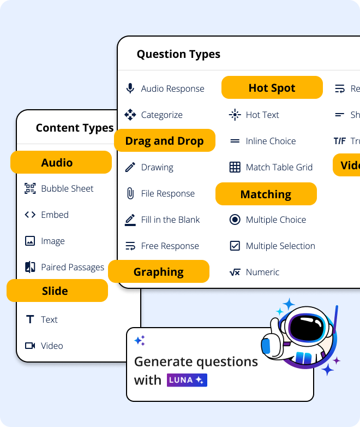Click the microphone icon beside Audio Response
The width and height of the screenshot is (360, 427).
tap(130, 88)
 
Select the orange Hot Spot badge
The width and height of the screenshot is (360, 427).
tap(272, 88)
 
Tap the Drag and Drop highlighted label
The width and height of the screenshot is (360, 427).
tap(164, 141)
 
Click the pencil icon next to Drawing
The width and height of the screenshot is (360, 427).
tap(130, 167)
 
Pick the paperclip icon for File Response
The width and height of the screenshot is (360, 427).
tap(130, 193)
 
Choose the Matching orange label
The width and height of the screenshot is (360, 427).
tap(266, 194)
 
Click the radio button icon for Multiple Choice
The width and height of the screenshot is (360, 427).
tap(235, 220)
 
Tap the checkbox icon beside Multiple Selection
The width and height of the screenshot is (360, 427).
tap(235, 246)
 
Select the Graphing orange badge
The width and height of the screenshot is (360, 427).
tap(158, 272)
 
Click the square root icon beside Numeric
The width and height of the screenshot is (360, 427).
tap(235, 272)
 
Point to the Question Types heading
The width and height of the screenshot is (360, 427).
tap(178, 54)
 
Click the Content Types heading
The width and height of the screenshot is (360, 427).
tap(74, 128)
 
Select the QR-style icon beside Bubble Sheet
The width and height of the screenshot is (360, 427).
tap(30, 188)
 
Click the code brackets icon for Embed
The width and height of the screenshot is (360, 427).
tap(30, 215)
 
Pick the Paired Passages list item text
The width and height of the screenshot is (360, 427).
tap(73, 267)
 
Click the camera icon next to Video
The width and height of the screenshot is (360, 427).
tap(30, 346)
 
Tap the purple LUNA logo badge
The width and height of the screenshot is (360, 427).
tap(187, 380)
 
